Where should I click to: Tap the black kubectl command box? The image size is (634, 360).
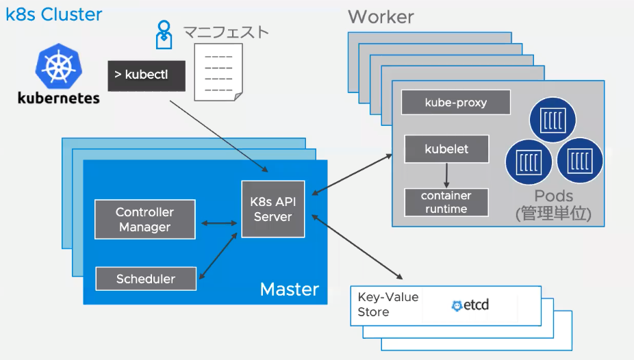pos(147,75)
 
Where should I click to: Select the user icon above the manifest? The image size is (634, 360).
pos(163,34)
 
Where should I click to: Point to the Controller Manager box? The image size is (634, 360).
pos(144,220)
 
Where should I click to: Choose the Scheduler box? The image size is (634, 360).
pos(145,279)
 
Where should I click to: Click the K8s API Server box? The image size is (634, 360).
pos(272,208)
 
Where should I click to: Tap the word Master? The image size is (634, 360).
pos(289,289)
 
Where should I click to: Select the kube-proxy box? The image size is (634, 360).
pos(456,103)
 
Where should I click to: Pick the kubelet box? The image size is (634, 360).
pos(446,149)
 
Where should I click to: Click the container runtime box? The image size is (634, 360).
pos(446,202)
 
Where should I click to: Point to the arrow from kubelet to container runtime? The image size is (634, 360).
pos(446,176)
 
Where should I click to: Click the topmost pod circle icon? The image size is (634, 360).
pos(552,118)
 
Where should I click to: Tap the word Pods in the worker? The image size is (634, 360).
pos(553,196)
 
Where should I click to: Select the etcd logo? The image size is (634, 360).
pos(470,305)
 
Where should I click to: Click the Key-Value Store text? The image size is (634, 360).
pos(388,305)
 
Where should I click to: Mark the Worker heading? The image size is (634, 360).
pos(381,17)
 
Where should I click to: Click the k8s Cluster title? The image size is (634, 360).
pos(53,14)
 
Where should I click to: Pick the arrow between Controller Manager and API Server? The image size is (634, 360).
pos(218,222)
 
